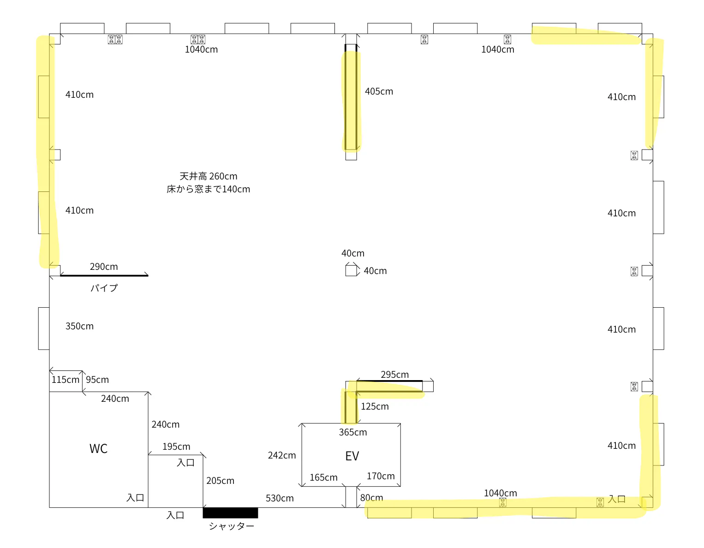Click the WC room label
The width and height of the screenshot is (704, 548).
(98, 448)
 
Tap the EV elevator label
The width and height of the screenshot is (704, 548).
(352, 456)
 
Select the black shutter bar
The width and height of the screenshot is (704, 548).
(230, 512)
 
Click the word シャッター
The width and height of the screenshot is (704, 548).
(231, 526)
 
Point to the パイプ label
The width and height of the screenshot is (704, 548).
(104, 288)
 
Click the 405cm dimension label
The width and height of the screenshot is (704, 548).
(379, 91)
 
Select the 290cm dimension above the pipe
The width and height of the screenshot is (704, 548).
(104, 267)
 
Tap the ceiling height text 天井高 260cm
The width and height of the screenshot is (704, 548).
(209, 176)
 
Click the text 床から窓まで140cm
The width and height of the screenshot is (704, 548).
(209, 189)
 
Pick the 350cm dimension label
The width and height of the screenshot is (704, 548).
(79, 326)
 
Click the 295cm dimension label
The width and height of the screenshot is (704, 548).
(394, 375)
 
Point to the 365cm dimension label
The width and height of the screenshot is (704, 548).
(353, 432)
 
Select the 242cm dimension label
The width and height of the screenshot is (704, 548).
(282, 455)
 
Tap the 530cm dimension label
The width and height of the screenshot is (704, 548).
(280, 498)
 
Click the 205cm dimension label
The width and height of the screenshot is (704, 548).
(221, 481)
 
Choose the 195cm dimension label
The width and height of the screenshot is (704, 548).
(176, 447)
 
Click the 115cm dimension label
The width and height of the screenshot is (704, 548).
(66, 380)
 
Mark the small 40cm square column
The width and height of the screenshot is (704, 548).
(351, 270)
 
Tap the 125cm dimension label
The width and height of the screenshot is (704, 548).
(375, 406)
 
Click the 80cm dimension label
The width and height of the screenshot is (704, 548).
(371, 497)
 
